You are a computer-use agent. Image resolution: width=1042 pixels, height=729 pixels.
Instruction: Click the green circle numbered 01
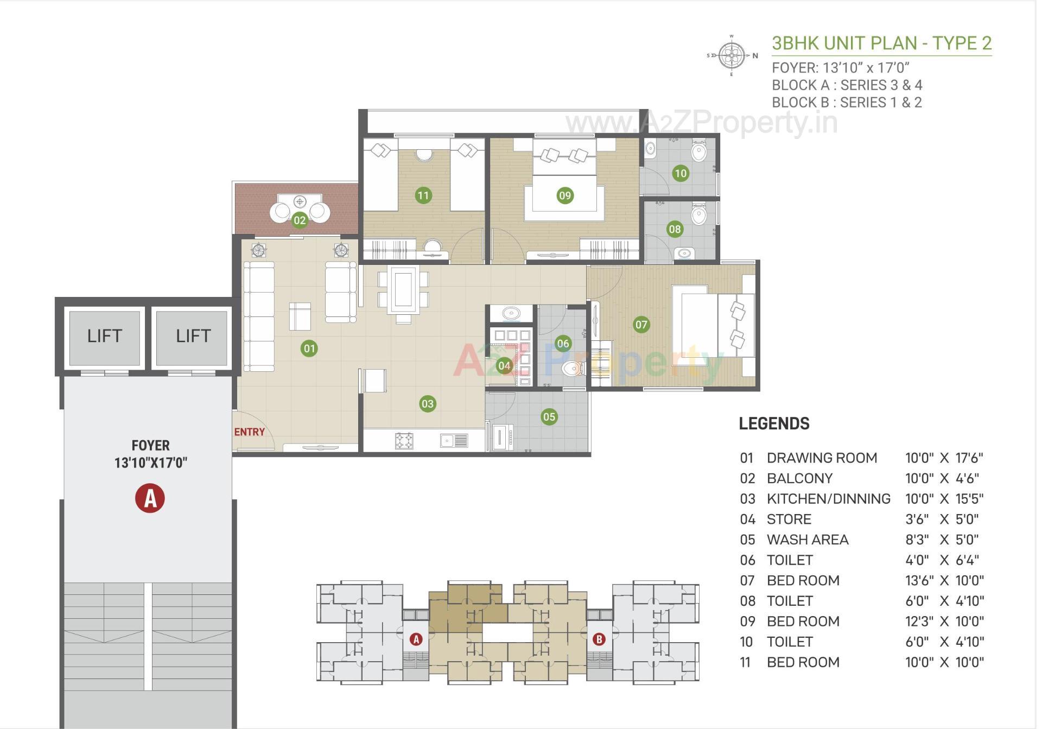click(309, 348)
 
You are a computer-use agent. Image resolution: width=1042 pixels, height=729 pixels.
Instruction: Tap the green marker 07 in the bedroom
click(641, 325)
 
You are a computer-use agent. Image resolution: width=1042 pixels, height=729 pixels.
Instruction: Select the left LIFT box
click(105, 337)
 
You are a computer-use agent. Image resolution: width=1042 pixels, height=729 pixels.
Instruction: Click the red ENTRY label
click(250, 432)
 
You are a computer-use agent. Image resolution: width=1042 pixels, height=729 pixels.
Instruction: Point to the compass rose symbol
click(732, 55)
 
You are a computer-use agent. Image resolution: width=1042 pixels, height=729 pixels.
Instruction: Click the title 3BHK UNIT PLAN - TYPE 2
click(881, 43)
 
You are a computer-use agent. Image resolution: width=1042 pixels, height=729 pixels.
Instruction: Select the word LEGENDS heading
click(774, 424)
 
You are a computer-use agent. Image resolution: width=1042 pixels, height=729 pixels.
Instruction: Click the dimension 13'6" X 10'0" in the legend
click(944, 581)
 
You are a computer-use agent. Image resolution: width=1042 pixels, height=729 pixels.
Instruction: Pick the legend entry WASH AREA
click(807, 540)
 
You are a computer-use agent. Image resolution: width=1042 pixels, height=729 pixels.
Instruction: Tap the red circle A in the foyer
click(150, 498)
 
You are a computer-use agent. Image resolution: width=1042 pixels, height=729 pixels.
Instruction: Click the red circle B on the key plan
click(599, 639)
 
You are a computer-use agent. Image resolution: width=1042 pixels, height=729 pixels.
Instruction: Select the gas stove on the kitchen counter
click(404, 440)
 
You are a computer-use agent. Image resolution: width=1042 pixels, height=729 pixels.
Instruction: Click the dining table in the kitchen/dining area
click(403, 290)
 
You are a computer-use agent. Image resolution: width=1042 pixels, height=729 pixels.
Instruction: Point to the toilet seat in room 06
click(571, 369)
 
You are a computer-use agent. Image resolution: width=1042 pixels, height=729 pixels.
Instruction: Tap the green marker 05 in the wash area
click(549, 417)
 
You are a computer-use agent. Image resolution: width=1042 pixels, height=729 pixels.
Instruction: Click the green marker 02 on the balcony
click(300, 220)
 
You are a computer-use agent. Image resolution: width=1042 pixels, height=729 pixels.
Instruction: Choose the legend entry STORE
click(789, 519)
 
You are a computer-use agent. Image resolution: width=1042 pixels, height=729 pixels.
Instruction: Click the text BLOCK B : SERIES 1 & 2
click(847, 103)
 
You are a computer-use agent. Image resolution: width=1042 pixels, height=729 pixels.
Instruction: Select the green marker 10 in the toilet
click(681, 174)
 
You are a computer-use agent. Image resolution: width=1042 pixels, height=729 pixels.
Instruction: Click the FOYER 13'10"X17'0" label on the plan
click(150, 454)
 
